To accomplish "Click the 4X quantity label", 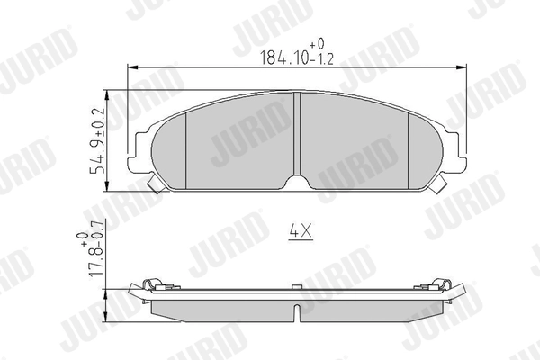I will tap(299, 230).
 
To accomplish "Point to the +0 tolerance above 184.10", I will tap(316, 42).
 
